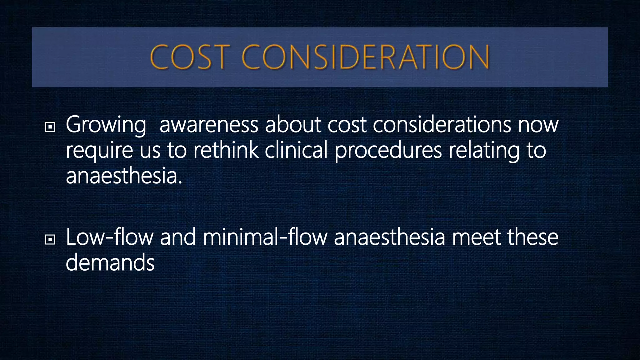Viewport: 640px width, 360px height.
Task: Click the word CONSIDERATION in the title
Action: (365, 57)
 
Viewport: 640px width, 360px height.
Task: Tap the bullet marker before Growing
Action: (50, 127)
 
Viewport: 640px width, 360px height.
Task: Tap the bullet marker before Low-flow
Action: (50, 240)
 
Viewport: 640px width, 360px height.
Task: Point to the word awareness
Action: (209, 124)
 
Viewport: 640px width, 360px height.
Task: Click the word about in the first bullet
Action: (293, 124)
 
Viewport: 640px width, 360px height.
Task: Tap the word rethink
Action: (226, 150)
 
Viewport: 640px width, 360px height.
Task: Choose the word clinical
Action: (296, 150)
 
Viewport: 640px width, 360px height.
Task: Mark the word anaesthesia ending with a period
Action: (124, 176)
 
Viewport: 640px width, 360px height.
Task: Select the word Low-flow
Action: (109, 237)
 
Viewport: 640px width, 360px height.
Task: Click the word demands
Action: (110, 262)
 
